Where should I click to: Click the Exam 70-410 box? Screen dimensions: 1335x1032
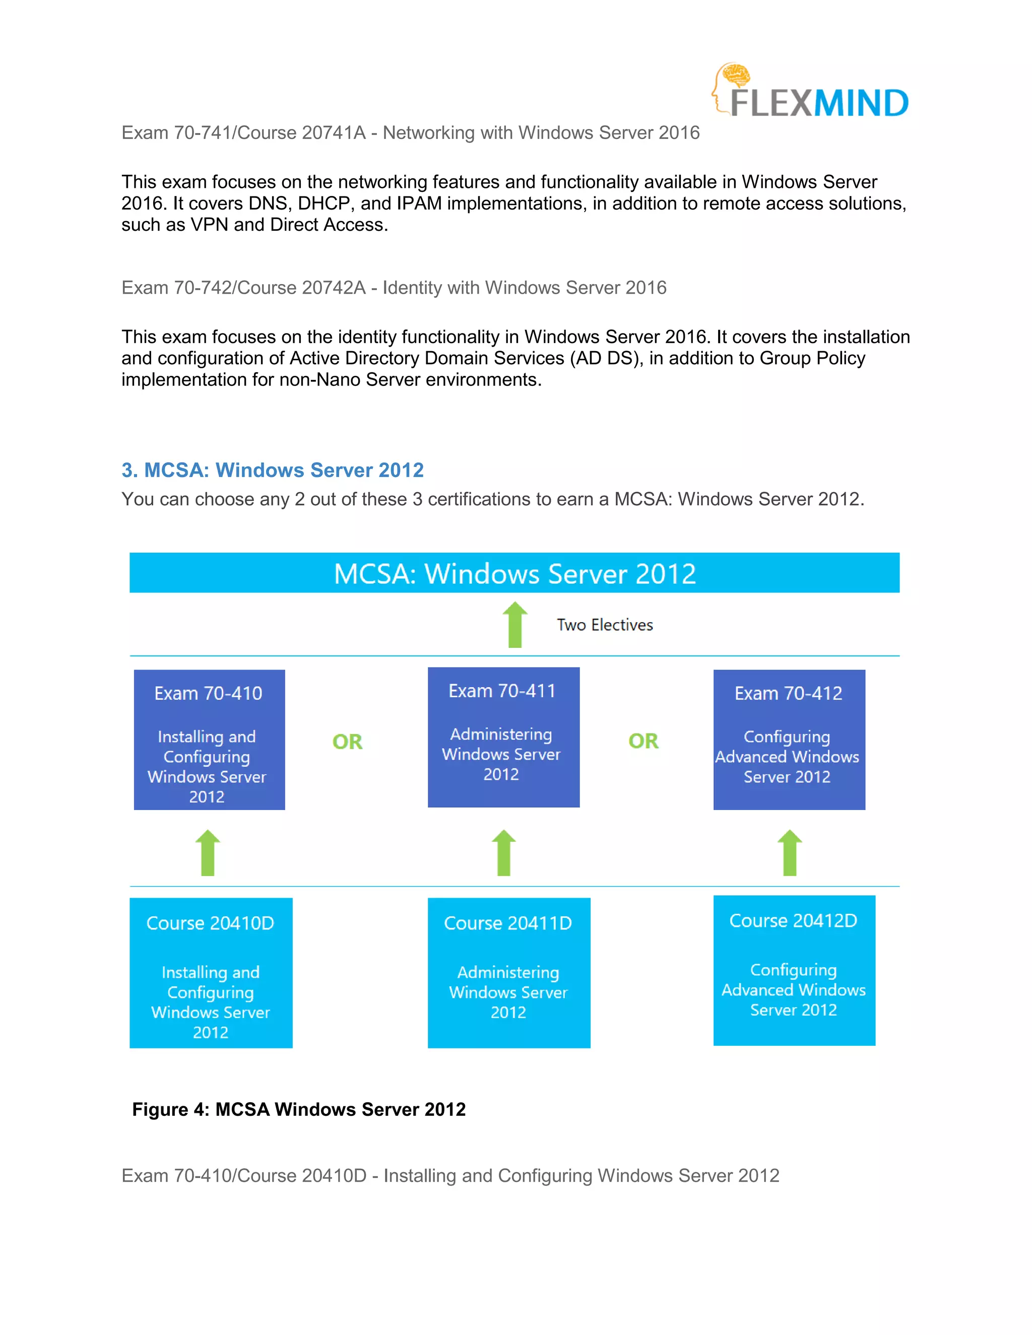(x=209, y=740)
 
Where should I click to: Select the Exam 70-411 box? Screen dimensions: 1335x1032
(x=503, y=737)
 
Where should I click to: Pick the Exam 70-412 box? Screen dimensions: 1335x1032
(x=789, y=740)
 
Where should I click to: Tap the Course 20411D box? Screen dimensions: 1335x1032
(x=508, y=972)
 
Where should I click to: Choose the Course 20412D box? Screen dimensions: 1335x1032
(x=794, y=970)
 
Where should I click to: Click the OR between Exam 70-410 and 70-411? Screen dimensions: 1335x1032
(x=347, y=742)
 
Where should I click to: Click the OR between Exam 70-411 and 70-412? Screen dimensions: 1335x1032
(x=643, y=741)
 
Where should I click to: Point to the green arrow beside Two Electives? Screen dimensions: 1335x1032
(x=515, y=624)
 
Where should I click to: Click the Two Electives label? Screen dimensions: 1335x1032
(x=604, y=625)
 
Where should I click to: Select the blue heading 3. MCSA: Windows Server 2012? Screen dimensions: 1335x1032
(x=273, y=470)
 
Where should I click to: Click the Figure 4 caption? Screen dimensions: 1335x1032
(x=298, y=1109)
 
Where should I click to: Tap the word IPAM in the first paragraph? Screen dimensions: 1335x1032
(x=419, y=203)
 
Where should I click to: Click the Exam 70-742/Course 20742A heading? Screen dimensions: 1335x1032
(x=394, y=287)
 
